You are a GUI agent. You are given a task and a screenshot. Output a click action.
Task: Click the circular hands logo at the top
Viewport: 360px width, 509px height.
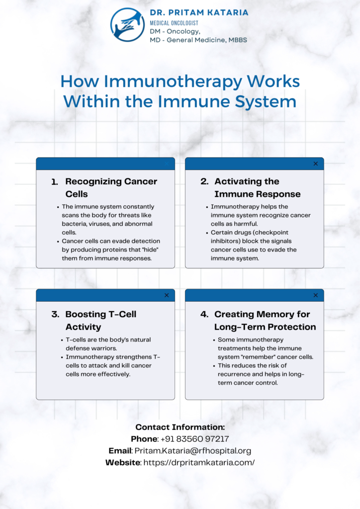127,25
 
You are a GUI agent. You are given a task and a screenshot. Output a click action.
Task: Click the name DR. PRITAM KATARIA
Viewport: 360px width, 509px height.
199,12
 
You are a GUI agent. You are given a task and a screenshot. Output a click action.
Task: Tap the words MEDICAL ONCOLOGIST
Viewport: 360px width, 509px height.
174,23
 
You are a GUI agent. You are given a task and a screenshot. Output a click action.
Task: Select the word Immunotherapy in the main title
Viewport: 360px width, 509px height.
173,81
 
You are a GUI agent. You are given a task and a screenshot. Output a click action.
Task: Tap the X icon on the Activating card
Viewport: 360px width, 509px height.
316,164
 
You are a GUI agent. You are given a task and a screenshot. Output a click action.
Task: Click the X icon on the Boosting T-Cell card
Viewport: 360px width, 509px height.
167,295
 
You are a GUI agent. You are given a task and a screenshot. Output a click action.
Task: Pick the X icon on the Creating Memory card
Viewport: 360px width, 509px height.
316,295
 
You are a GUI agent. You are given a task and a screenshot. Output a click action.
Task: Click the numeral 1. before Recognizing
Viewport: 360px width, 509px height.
55,182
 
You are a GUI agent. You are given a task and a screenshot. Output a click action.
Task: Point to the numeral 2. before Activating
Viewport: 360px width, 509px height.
204,181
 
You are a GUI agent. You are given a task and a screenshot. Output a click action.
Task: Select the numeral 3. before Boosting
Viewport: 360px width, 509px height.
55,314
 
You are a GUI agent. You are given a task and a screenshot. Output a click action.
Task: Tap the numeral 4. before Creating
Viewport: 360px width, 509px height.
204,314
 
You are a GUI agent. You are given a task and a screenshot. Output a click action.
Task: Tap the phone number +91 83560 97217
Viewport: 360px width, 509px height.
195,439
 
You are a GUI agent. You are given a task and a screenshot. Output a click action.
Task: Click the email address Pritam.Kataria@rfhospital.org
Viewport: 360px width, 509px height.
193,451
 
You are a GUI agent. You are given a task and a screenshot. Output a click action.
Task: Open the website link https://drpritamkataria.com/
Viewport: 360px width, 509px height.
199,463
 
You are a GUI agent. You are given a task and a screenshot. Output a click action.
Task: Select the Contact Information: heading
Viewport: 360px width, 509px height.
180,427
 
